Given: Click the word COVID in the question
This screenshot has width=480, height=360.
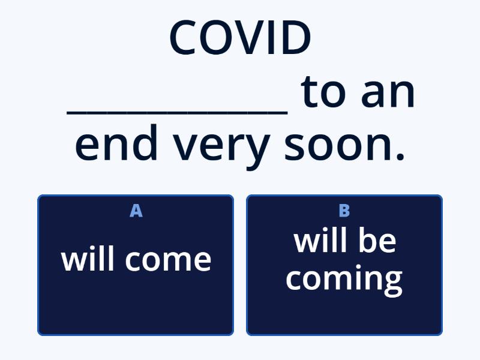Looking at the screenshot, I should pyautogui.click(x=240, y=37).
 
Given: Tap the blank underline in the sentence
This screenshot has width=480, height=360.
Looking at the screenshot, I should pyautogui.click(x=178, y=111).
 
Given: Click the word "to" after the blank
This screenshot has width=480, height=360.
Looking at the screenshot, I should pyautogui.click(x=326, y=93).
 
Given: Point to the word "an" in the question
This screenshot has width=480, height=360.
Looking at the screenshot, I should pyautogui.click(x=388, y=93).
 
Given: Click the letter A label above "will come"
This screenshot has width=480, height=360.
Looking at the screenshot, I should pyautogui.click(x=136, y=211).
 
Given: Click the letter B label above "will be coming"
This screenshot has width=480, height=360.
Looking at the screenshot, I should pyautogui.click(x=344, y=211).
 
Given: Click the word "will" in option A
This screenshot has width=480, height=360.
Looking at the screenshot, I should pyautogui.click(x=86, y=259).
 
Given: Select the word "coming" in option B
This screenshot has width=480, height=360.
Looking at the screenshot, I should pyautogui.click(x=344, y=278).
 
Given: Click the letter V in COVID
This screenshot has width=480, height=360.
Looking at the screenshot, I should pyautogui.click(x=248, y=37).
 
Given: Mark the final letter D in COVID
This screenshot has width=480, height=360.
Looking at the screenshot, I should pyautogui.click(x=295, y=37).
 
